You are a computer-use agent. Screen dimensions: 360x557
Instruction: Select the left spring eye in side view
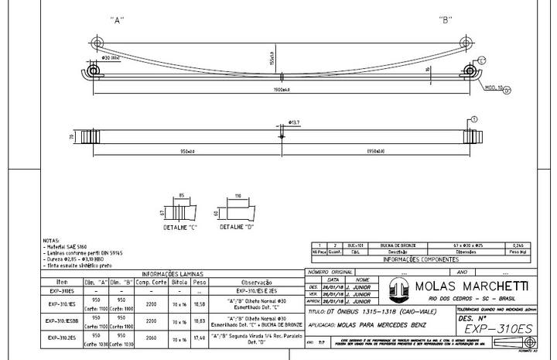[x=94, y=72]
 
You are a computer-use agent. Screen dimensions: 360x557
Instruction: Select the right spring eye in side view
[x=469, y=72]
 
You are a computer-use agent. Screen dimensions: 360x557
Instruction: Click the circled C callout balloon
[x=482, y=60]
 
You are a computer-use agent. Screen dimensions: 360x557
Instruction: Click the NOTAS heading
[x=50, y=241]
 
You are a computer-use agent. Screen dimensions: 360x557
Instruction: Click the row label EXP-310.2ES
[x=63, y=338]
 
